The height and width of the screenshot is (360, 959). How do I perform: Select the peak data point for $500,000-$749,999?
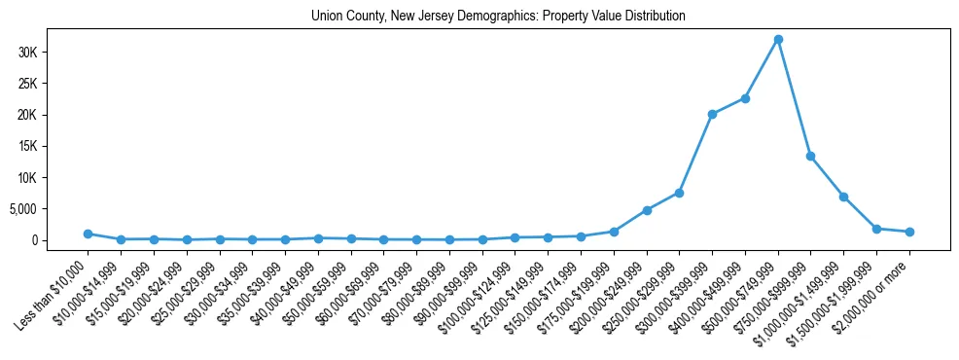click(x=778, y=39)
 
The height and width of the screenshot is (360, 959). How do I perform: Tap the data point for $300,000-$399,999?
click(x=712, y=114)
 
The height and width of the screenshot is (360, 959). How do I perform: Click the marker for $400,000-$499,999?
click(x=745, y=98)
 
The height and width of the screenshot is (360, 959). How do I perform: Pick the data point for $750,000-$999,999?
click(x=810, y=156)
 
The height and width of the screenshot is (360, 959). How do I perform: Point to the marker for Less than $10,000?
click(x=88, y=234)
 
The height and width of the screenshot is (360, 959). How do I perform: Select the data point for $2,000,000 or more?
click(x=909, y=232)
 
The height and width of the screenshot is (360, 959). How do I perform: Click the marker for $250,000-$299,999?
click(x=679, y=193)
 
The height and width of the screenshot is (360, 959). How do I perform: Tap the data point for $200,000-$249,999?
click(x=647, y=210)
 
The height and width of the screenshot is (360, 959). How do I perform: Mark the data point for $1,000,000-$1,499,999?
click(x=843, y=197)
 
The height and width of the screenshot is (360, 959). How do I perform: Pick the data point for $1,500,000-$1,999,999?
click(x=876, y=229)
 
